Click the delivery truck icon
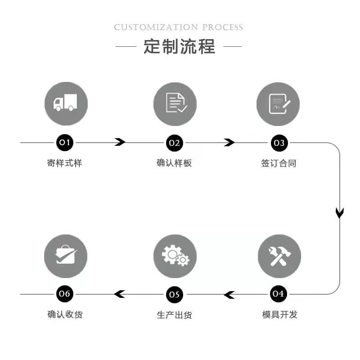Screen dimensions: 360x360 66,104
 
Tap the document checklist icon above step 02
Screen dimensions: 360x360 175,104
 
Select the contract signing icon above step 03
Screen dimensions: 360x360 278,104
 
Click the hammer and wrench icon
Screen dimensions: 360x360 279,256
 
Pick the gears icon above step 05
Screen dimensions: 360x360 175,256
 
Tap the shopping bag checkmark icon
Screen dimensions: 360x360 66,256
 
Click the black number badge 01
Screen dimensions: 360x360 65,143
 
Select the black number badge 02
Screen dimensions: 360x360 175,143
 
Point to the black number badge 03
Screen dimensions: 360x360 279,143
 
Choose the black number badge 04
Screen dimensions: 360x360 279,294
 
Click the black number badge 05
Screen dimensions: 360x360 175,295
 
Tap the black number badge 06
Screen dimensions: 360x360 65,294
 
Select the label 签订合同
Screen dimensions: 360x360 279,163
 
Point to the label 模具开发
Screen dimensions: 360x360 279,315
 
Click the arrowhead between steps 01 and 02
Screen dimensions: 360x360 120,143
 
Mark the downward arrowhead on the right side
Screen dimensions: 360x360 340,212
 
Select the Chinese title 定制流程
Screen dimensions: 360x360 179,46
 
